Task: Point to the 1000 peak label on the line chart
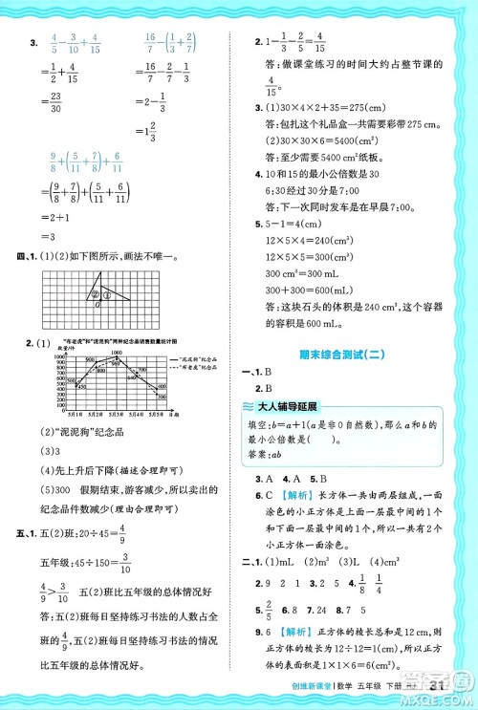[x=118, y=353]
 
